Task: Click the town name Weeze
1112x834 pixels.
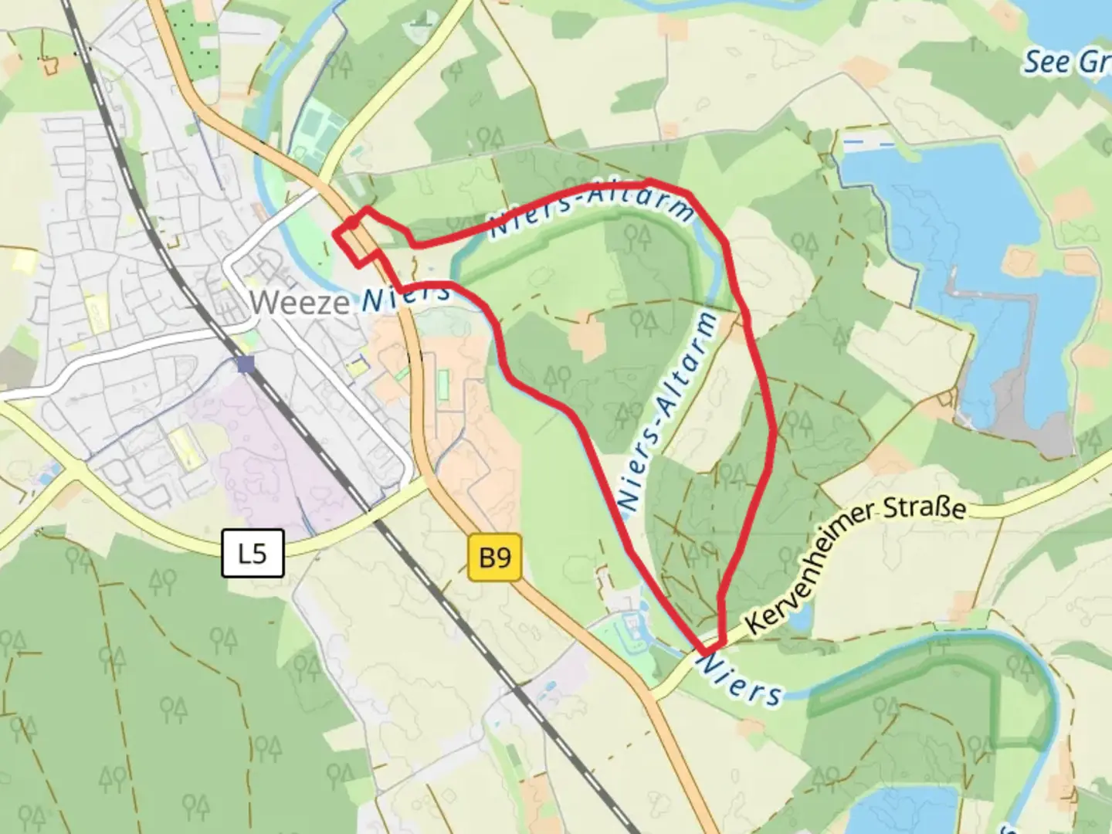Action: click(x=300, y=301)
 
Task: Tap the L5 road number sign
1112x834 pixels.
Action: click(x=253, y=553)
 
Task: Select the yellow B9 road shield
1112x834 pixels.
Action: click(x=495, y=556)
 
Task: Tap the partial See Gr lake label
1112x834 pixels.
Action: click(x=1066, y=62)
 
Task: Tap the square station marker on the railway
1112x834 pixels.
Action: click(x=246, y=364)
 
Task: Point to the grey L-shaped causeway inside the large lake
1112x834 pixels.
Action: click(x=965, y=294)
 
